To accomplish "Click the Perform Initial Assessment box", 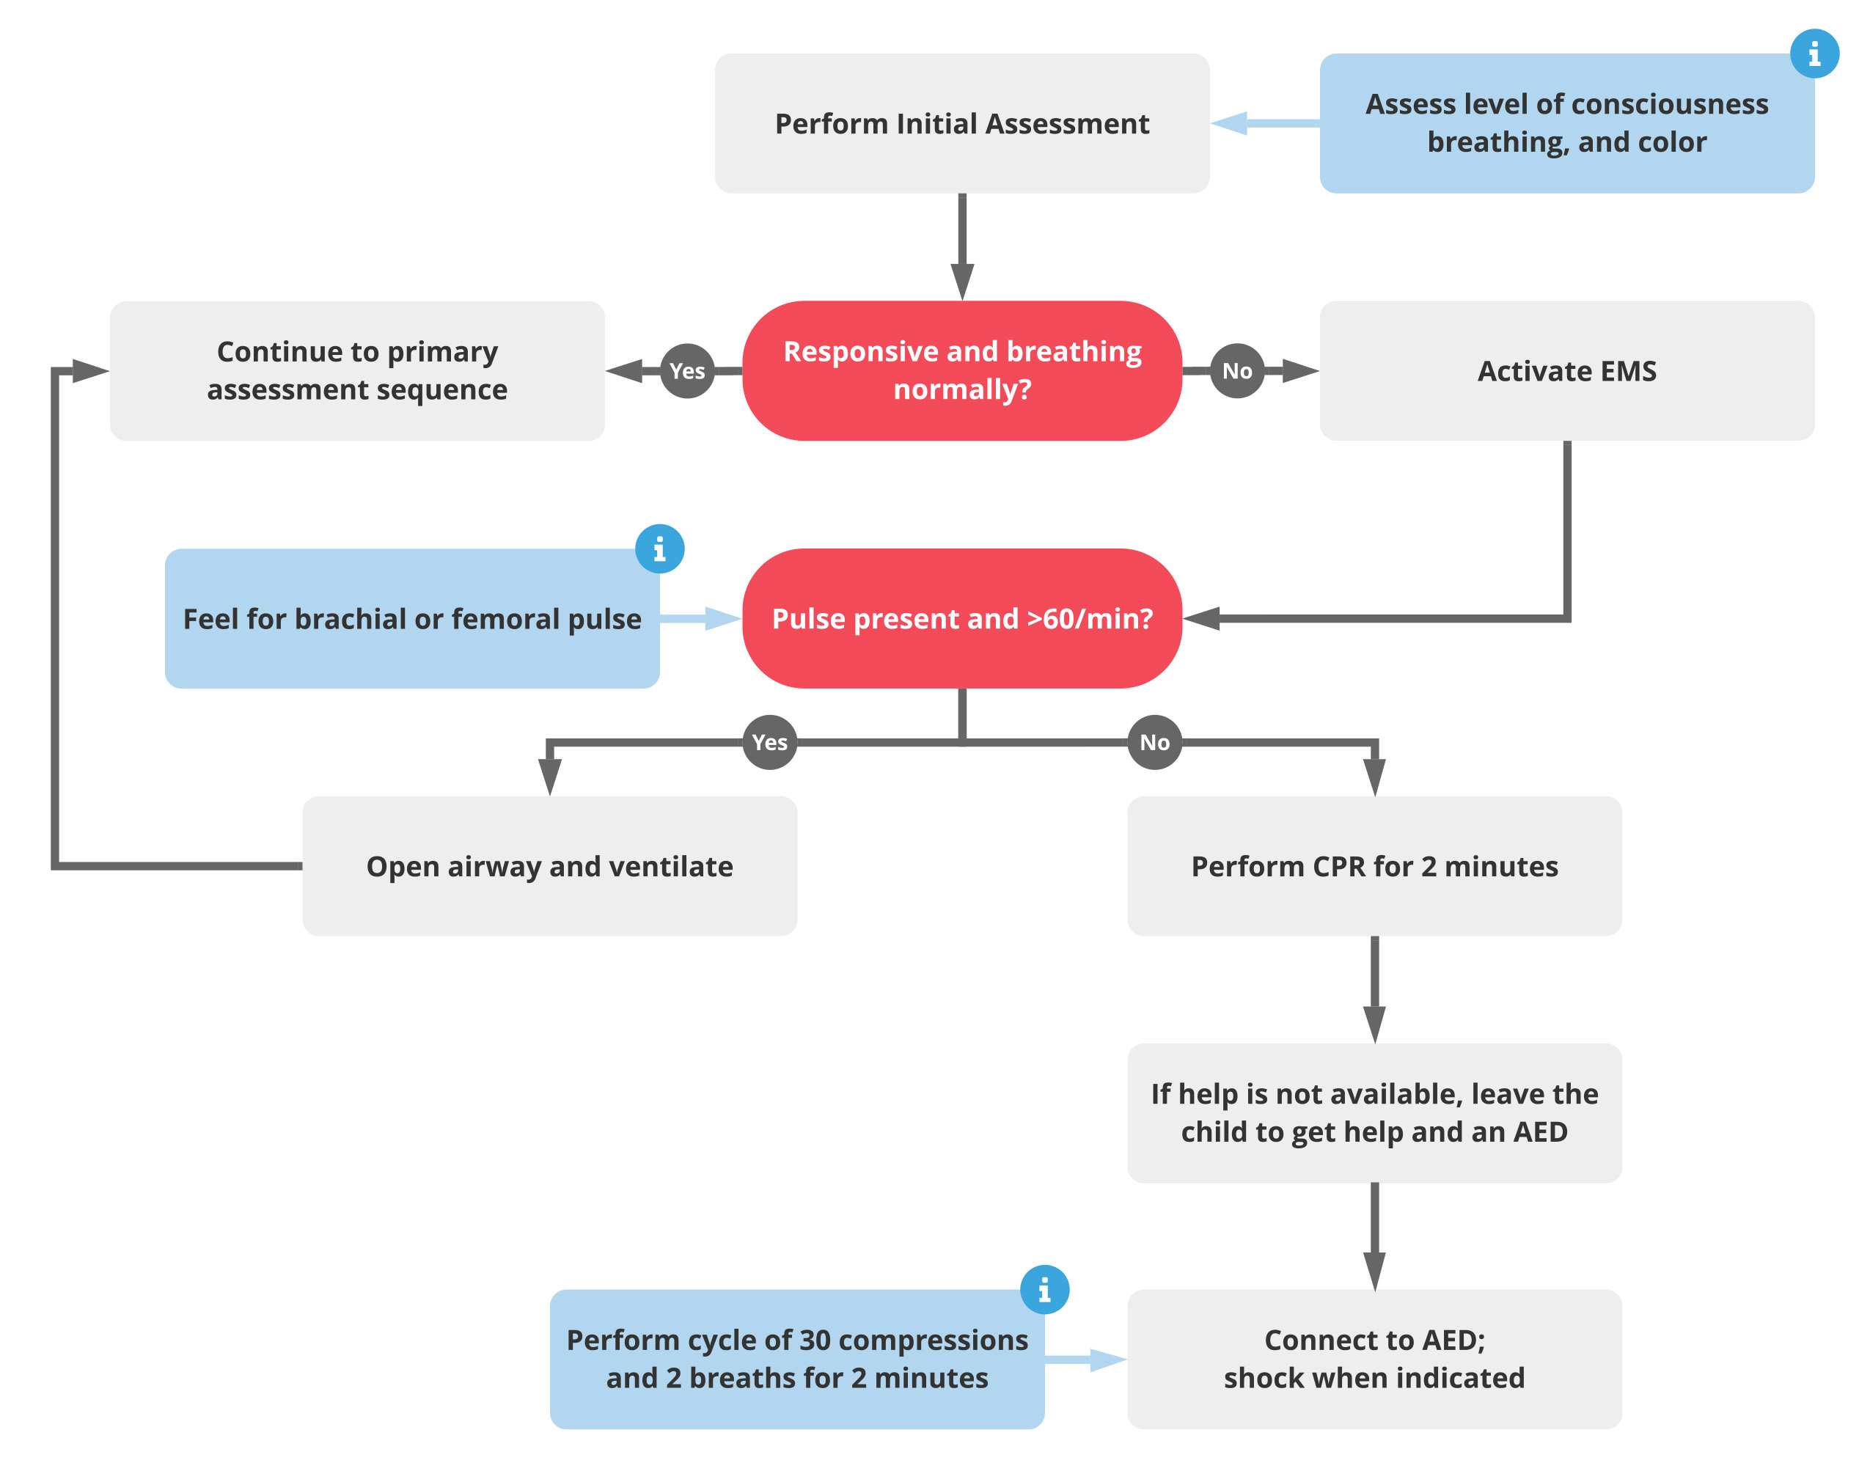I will [x=961, y=123].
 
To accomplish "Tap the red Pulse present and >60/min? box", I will [x=961, y=617].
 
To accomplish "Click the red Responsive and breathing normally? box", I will [x=961, y=370].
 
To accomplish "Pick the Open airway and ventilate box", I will [x=549, y=865].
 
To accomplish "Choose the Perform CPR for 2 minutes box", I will [x=1374, y=865].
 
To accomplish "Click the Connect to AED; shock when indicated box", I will [x=1374, y=1358].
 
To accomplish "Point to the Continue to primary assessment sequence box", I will [x=356, y=370].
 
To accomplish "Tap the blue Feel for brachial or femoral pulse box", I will [x=411, y=617].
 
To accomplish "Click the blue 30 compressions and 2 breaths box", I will [x=796, y=1358].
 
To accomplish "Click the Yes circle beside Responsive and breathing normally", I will [x=686, y=370].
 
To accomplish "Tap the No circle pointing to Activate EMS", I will [x=1237, y=370].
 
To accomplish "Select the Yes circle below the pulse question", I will [x=769, y=741].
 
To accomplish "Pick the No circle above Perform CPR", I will [x=1154, y=741].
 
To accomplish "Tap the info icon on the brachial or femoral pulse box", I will [x=659, y=549].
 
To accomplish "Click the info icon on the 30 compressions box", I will [x=1044, y=1289].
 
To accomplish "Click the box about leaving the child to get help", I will [x=1374, y=1112].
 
